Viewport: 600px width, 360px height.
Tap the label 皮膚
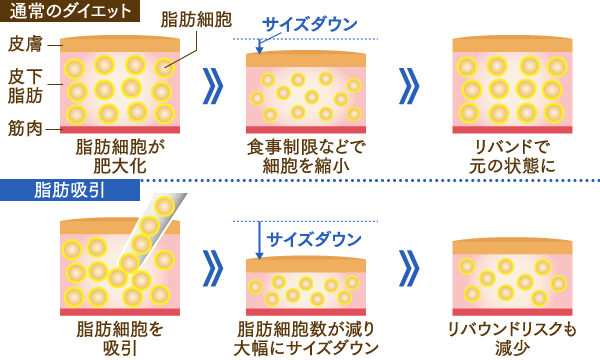23,44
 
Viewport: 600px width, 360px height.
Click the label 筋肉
23,130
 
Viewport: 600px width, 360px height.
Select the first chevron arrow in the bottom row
211,268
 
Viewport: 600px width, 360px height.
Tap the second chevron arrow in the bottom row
408,268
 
